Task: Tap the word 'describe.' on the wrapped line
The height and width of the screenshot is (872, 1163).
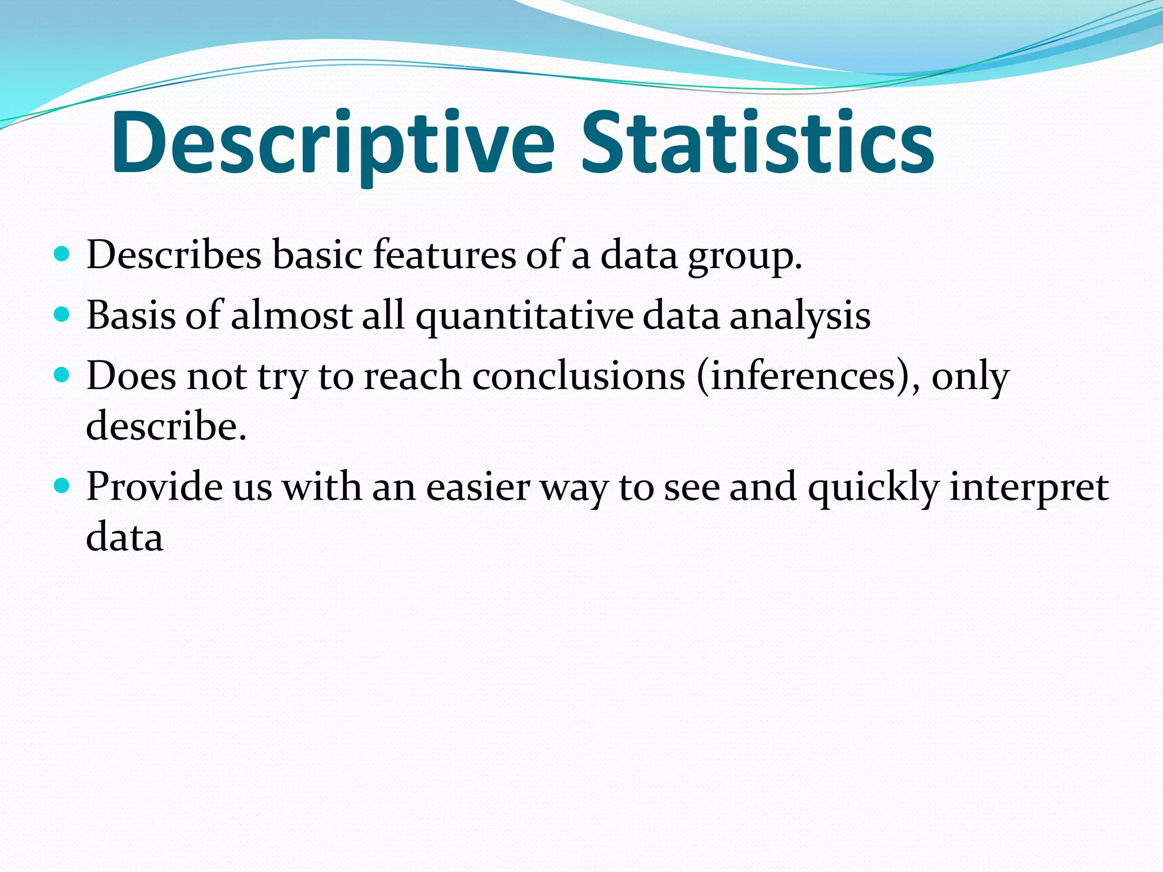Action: click(x=166, y=425)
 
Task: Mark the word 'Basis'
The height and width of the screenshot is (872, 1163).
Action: click(x=131, y=315)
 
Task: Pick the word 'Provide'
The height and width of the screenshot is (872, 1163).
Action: click(x=154, y=487)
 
